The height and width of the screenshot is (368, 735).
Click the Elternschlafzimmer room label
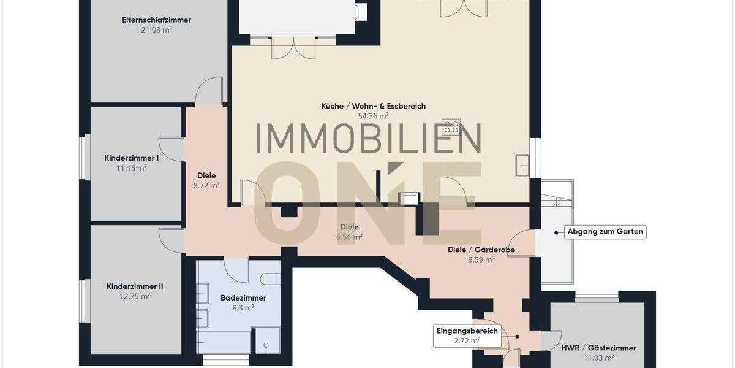coord(156,20)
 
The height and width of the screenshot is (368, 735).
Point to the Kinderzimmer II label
coord(135,286)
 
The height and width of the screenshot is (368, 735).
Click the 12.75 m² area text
coord(135,296)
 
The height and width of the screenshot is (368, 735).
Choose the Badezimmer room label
coord(243,297)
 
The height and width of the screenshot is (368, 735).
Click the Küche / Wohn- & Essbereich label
coord(373,106)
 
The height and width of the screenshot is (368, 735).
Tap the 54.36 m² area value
coord(373,115)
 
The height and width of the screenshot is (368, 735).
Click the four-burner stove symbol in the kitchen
coord(451,127)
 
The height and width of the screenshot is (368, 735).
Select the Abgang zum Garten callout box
coord(605,232)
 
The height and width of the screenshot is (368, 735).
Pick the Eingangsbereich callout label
coord(467,331)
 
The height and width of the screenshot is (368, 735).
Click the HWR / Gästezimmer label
coord(598,348)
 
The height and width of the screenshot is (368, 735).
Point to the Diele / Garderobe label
coord(481,250)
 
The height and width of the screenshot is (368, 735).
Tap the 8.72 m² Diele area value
coord(206,185)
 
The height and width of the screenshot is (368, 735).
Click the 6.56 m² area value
coord(349,236)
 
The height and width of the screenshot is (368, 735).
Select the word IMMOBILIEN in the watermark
coord(367,139)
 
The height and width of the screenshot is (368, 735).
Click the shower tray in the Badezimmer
coord(266,339)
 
